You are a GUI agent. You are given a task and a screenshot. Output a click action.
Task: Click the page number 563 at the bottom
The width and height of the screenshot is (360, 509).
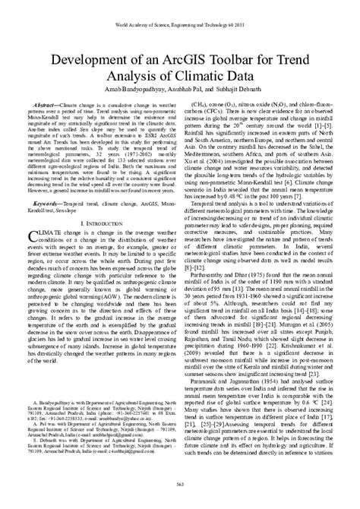point(180,484)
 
